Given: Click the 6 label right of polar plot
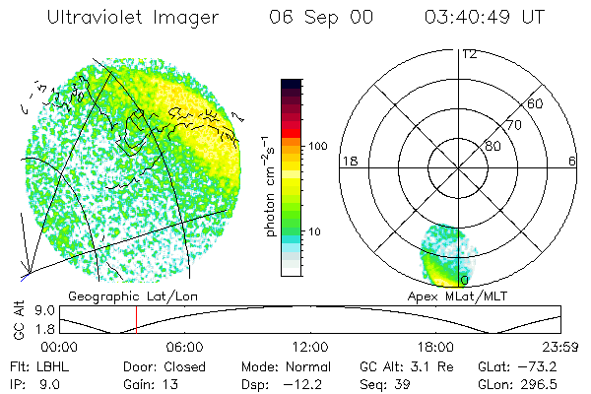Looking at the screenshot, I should (573, 161).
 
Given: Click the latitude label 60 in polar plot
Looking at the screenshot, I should (536, 103).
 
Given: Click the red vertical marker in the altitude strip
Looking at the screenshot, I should (137, 320).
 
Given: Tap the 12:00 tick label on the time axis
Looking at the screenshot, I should (310, 347).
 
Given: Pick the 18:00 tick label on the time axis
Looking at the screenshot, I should (435, 347).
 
